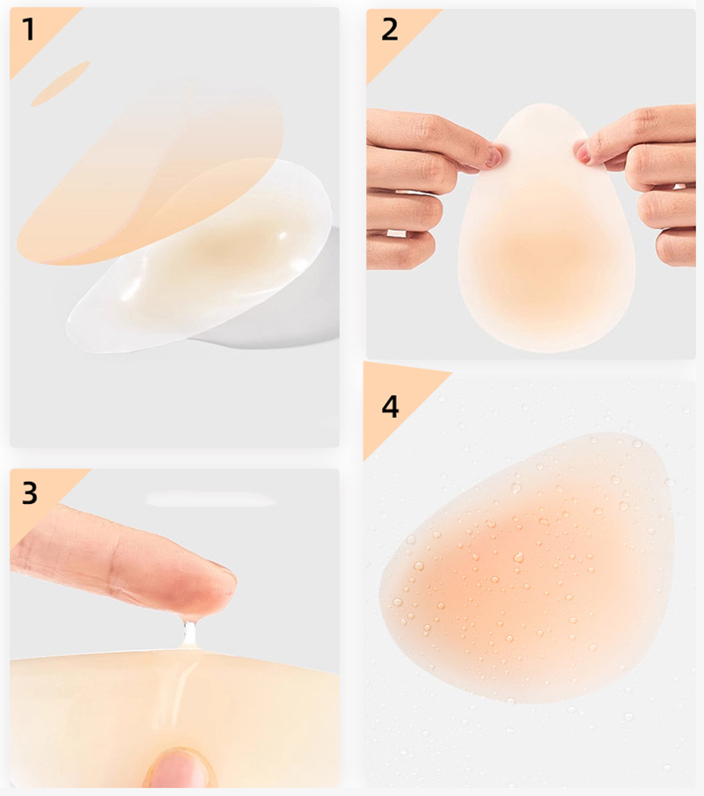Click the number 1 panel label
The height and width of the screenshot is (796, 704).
point(28,29)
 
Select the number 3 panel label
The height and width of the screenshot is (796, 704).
point(29,493)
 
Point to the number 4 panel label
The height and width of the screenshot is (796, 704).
point(390,406)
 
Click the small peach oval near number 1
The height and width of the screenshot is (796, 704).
point(61,84)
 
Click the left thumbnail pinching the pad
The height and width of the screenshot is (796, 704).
point(494,156)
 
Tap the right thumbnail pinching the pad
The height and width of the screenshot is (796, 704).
point(583,152)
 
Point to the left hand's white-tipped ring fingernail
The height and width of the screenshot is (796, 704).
point(396,233)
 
